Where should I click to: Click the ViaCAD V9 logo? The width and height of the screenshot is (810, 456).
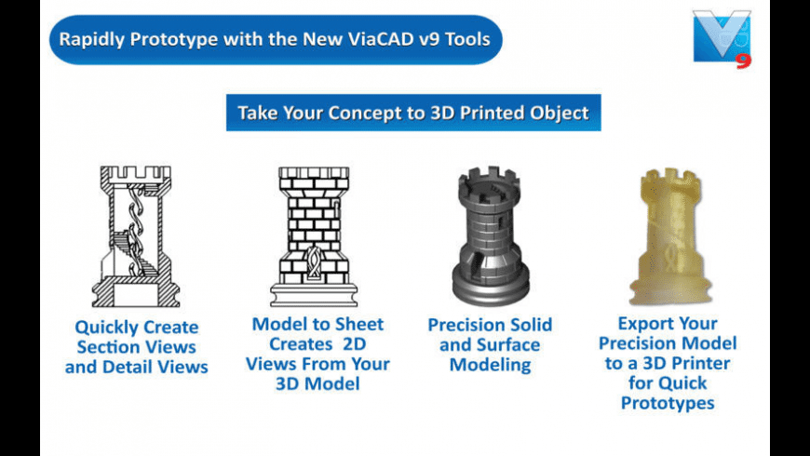[x=721, y=36]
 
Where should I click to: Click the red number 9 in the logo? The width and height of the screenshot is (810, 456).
[x=742, y=60]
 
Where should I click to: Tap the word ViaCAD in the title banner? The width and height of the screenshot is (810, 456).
[x=355, y=39]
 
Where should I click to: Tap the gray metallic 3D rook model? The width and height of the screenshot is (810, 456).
[x=491, y=236]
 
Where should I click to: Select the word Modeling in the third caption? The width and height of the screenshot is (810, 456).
[x=491, y=364]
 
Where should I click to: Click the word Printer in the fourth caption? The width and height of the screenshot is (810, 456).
[x=698, y=363]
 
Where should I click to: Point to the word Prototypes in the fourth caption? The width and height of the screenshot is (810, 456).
[x=668, y=403]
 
